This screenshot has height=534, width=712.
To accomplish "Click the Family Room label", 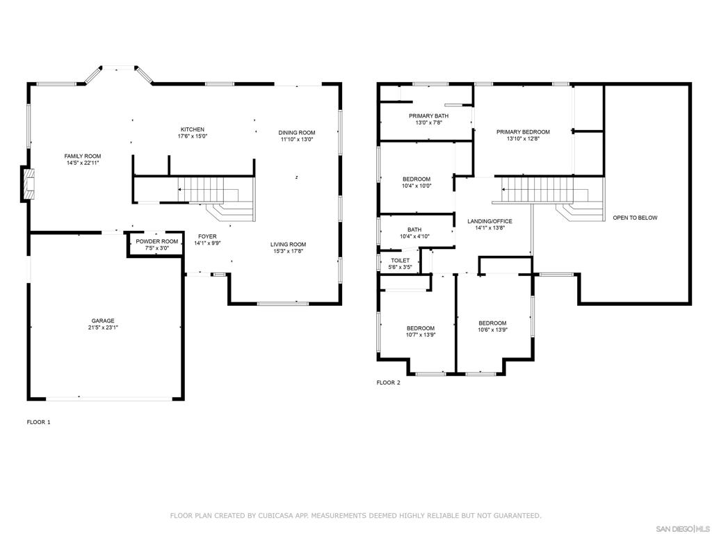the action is (83, 156).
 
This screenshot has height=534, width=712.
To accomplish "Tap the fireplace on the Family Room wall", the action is (28, 184).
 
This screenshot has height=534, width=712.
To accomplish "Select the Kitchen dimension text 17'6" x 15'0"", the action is (193, 136).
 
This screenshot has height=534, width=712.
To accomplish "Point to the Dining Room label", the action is (297, 133).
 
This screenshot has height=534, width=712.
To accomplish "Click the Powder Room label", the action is (157, 241).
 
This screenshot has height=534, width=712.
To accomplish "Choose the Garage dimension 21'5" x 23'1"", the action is (103, 327).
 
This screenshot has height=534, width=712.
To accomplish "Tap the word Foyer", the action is (207, 236).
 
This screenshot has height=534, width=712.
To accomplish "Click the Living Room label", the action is (289, 244).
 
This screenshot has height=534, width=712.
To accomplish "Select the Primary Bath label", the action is (428, 116).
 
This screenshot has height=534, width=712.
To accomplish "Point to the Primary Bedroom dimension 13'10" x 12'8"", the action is (523, 139).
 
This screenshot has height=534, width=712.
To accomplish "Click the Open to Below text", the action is (636, 218).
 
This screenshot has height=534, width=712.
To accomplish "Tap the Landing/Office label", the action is (490, 222).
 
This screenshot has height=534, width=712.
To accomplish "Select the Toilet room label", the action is (400, 261).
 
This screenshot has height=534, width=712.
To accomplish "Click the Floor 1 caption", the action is (39, 422).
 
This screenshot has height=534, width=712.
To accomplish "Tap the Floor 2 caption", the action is (389, 383).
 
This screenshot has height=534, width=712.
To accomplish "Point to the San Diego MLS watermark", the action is (684, 529).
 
